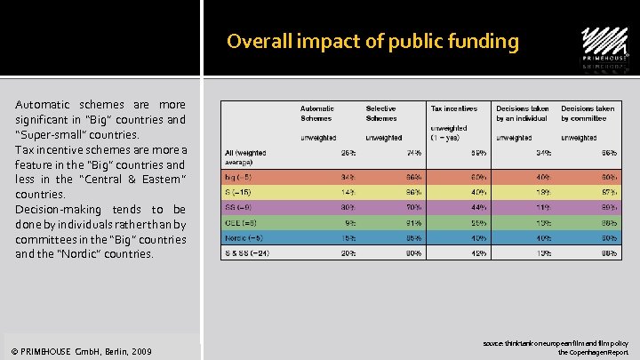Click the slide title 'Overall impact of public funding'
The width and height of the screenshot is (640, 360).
pyautogui.click(x=372, y=41)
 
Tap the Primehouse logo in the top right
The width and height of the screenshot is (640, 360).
pyautogui.click(x=604, y=49)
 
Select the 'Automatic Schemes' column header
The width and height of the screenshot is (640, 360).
pyautogui.click(x=316, y=113)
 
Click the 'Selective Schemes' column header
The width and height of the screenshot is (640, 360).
pyautogui.click(x=381, y=113)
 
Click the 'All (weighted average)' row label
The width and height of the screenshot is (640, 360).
pyautogui.click(x=246, y=157)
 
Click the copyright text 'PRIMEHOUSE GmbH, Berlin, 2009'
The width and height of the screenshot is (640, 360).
pyautogui.click(x=84, y=352)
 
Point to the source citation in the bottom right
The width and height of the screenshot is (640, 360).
pyautogui.click(x=556, y=347)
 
